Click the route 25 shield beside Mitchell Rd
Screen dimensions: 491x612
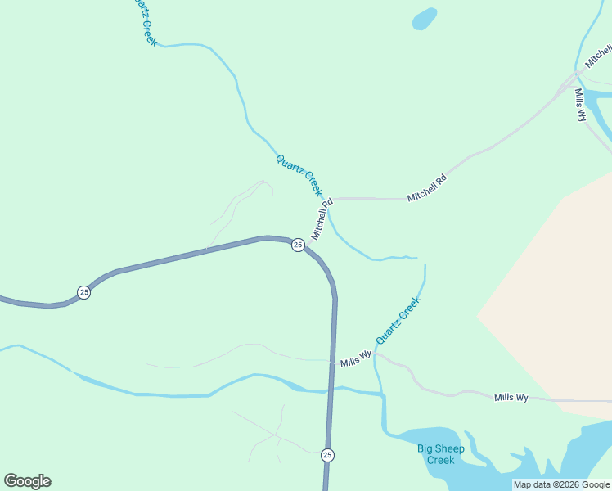pos(298,245)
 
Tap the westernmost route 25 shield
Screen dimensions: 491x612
pos(83,292)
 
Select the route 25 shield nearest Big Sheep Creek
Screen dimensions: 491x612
pos(327,455)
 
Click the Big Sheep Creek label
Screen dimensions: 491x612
pos(440,453)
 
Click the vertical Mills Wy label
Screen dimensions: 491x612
pos(580,105)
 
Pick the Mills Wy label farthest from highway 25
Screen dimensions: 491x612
pos(511,398)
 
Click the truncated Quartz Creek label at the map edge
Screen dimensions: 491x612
pos(144,21)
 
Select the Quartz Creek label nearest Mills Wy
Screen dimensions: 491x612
pos(398,320)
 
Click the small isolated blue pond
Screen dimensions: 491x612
pos(424,18)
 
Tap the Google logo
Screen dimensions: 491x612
pos(27,481)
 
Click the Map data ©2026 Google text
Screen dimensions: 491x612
pos(562,484)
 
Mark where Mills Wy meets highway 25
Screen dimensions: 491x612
pos(333,360)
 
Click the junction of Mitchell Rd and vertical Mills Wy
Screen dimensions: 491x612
pos(572,81)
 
